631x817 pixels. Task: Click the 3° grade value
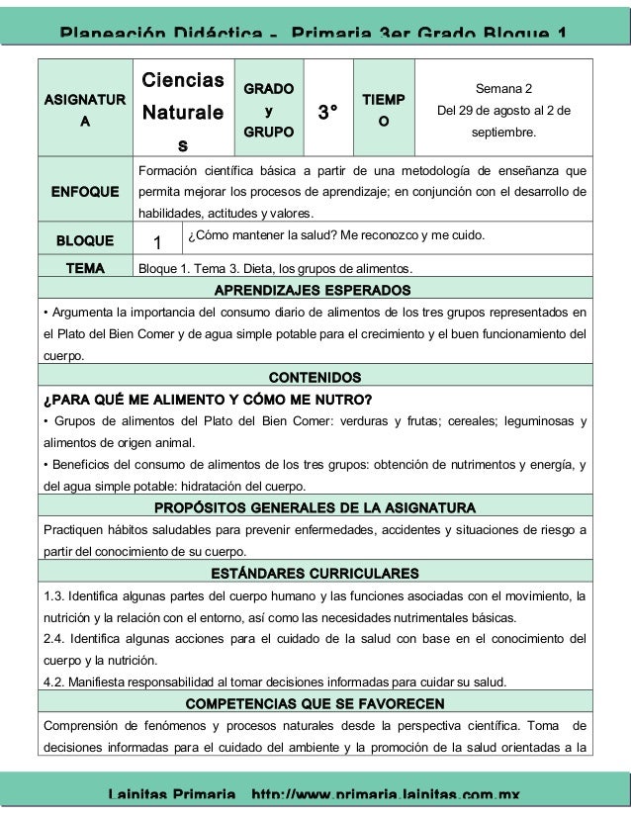(331, 112)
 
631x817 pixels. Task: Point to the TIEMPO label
(383, 110)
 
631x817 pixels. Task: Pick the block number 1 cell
(157, 242)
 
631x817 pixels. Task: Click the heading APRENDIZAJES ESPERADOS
(315, 290)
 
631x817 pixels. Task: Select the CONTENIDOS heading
(315, 378)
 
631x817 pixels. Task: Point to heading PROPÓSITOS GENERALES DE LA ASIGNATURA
(315, 508)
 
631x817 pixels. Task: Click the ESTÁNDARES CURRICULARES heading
(315, 574)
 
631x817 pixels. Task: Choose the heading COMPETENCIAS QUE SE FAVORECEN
(315, 703)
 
